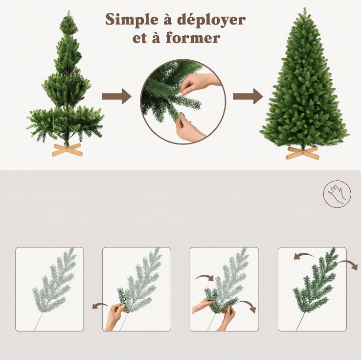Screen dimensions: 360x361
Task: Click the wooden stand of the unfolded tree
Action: (x=67, y=150)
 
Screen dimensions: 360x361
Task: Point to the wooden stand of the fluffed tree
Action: (x=302, y=152)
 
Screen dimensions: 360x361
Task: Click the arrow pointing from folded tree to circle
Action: (x=116, y=96)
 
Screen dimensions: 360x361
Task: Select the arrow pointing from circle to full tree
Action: (x=248, y=96)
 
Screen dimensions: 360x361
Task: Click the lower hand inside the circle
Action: (x=189, y=128)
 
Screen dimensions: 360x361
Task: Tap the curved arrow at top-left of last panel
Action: (x=304, y=256)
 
